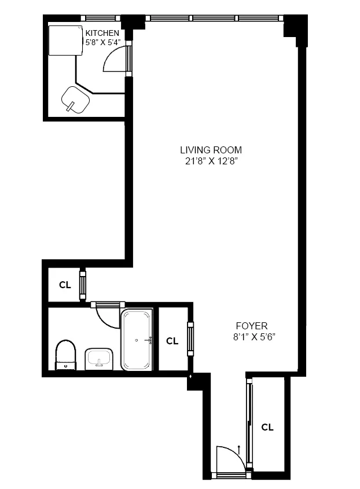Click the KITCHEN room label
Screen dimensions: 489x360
[x=102, y=33]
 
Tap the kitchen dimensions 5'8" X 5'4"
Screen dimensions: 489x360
[x=102, y=42]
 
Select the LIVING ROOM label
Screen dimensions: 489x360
[x=211, y=150]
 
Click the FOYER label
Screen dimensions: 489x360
[x=251, y=325]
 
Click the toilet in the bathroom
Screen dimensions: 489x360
[x=65, y=354]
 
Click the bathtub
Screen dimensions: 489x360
[x=137, y=340]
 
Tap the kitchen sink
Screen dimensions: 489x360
[x=75, y=100]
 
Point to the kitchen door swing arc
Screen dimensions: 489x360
[x=113, y=58]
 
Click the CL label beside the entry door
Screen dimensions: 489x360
[x=267, y=428]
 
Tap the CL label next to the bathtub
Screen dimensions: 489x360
[x=172, y=341]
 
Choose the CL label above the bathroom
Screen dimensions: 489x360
[x=64, y=285]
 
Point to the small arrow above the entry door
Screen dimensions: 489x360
[x=239, y=447]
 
